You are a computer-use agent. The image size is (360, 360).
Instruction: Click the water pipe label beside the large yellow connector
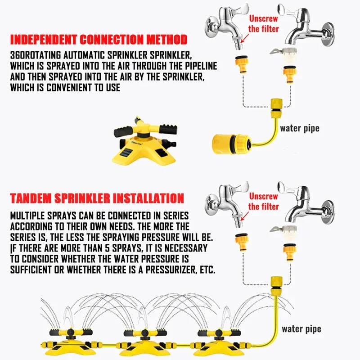pyautogui.click(x=299, y=128)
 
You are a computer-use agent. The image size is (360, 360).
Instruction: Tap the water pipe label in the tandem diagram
pyautogui.click(x=301, y=328)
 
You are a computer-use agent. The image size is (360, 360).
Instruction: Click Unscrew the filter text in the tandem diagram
pyautogui.click(x=264, y=202)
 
